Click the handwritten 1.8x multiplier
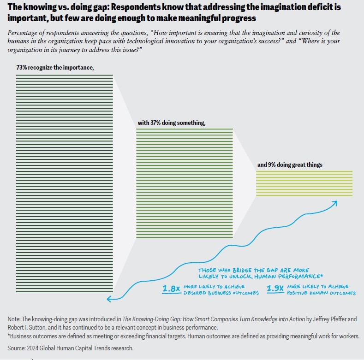click(171, 289)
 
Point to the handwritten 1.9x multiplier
click(275, 289)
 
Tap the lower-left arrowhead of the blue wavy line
click(109, 299)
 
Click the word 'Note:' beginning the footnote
click(15, 319)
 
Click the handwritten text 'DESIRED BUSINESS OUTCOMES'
click(221, 293)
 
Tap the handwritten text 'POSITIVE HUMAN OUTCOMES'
click(322, 293)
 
